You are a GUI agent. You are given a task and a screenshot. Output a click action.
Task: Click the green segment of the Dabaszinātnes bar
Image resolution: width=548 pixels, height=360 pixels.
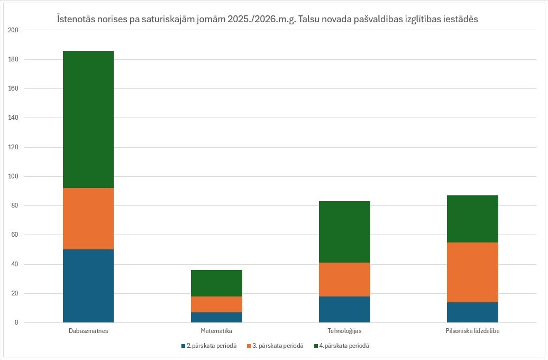pyautogui.click(x=88, y=120)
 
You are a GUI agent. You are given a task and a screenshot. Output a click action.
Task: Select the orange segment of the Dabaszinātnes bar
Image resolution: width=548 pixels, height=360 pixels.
pyautogui.click(x=88, y=219)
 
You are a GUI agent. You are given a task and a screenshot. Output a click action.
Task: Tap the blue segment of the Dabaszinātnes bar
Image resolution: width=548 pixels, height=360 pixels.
pyautogui.click(x=88, y=286)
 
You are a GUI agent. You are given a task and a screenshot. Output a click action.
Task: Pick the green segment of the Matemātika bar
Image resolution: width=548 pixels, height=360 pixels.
pyautogui.click(x=216, y=283)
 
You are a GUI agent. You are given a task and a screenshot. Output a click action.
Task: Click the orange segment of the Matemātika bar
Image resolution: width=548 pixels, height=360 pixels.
pyautogui.click(x=216, y=304)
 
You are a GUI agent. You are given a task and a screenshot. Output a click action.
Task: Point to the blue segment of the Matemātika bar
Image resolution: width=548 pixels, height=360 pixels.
pyautogui.click(x=216, y=317)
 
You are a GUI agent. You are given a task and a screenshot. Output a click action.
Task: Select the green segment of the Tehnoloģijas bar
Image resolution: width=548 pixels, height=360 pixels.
pyautogui.click(x=344, y=232)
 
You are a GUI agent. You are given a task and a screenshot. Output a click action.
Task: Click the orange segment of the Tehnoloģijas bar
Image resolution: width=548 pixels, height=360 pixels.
pyautogui.click(x=344, y=280)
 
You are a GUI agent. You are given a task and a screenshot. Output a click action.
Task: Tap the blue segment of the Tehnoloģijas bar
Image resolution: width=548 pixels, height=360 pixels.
pyautogui.click(x=344, y=310)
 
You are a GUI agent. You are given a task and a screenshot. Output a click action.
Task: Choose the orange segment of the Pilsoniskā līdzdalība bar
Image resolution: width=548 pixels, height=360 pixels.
pyautogui.click(x=472, y=272)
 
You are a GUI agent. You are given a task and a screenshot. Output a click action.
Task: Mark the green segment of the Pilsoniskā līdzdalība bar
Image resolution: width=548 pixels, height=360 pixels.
pyautogui.click(x=472, y=219)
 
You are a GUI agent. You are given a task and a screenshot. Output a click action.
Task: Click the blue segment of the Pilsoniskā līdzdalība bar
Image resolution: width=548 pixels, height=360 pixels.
pyautogui.click(x=472, y=312)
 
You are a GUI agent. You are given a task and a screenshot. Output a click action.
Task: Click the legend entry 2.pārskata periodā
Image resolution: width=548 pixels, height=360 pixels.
pyautogui.click(x=209, y=346)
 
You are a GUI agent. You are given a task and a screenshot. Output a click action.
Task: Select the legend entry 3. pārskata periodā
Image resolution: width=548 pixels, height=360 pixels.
pyautogui.click(x=275, y=346)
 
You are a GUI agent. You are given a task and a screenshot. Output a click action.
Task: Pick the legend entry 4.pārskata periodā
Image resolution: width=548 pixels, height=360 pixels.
pyautogui.click(x=342, y=346)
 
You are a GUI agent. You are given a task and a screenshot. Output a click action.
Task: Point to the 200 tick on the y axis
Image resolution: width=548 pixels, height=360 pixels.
pyautogui.click(x=13, y=30)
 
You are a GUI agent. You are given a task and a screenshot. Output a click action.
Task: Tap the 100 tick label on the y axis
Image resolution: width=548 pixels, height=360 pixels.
pyautogui.click(x=13, y=176)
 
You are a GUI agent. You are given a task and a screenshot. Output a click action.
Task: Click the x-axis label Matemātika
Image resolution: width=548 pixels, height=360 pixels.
pyautogui.click(x=216, y=330)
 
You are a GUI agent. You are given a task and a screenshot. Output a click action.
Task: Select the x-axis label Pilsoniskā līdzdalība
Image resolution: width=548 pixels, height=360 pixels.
pyautogui.click(x=472, y=330)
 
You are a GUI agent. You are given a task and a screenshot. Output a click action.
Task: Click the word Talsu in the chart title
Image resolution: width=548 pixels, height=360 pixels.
pyautogui.click(x=308, y=19)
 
